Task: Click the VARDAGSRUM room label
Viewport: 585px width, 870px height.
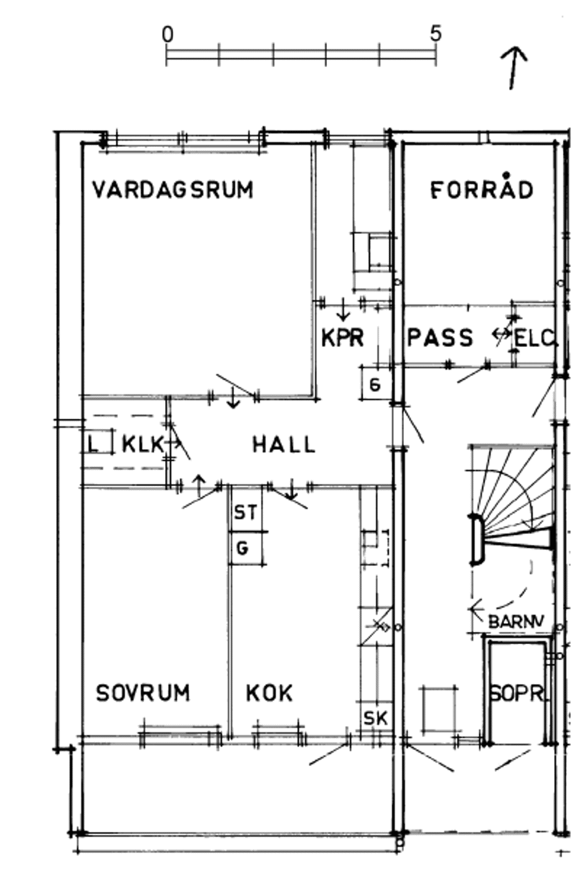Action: pos(172,190)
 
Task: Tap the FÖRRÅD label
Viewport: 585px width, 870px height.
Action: pos(481,189)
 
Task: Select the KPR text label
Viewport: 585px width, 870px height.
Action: pos(342,338)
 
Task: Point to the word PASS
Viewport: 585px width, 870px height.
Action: pos(440,338)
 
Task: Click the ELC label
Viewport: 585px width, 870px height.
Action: pos(535,338)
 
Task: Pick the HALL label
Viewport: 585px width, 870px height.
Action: pos(284,444)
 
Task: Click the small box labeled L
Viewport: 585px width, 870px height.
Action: pos(93,443)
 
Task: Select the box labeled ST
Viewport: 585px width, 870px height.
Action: pos(246,512)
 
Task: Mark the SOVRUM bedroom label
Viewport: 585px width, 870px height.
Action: pos(143,693)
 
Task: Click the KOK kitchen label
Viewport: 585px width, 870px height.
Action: pos(269,693)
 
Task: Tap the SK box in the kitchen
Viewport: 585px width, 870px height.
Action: pos(375,718)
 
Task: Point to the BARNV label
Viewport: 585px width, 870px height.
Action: pos(516,622)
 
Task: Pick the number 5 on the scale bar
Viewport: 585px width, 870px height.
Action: pos(436,34)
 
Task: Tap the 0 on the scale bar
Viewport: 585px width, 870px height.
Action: pos(167,34)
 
